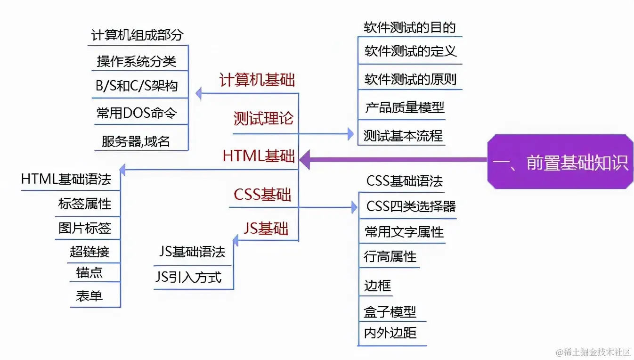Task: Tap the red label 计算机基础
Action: tap(257, 80)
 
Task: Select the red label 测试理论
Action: tap(263, 118)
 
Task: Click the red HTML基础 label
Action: tap(259, 156)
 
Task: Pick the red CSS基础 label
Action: tap(262, 194)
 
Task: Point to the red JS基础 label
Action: tap(266, 229)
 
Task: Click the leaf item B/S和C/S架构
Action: tap(137, 86)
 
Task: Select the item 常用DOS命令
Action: tap(137, 113)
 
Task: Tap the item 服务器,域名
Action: tap(136, 141)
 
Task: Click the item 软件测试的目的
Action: tap(410, 27)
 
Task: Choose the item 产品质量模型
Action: tap(404, 107)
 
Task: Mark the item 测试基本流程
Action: tap(403, 136)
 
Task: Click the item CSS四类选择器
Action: tap(411, 206)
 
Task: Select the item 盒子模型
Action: tap(390, 312)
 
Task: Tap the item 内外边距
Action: tap(390, 333)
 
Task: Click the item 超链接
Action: tap(89, 252)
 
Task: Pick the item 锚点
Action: tap(89, 273)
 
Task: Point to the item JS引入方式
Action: tap(188, 277)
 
